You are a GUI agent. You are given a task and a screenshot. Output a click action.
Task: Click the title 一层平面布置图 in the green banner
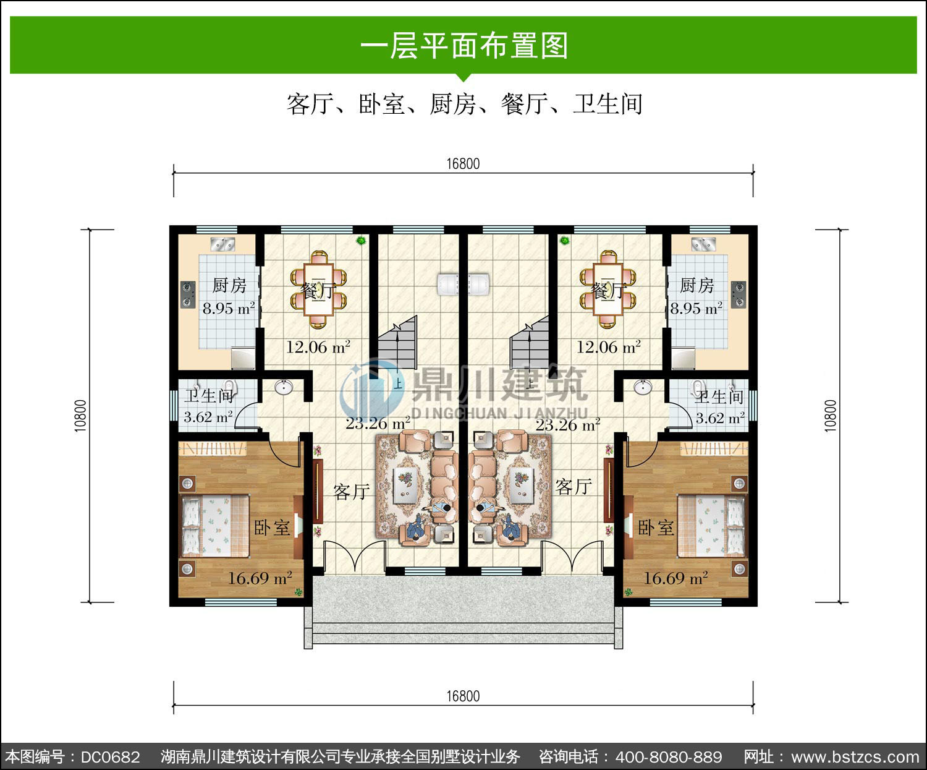coord(463,46)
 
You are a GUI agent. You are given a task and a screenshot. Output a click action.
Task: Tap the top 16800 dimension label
coord(463,163)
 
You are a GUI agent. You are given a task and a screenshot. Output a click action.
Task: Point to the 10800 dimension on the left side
coord(80,416)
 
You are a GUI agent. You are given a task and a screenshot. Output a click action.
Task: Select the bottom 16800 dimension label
coord(463,696)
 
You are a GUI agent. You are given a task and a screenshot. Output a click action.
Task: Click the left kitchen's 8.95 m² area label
coord(229,308)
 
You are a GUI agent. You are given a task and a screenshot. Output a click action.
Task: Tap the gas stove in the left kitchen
coord(188,294)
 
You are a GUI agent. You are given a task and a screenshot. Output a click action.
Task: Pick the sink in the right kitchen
coord(703,244)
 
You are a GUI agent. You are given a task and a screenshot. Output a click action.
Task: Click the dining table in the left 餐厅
coord(318,289)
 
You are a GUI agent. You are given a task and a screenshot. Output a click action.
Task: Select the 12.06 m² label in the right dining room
coord(608,346)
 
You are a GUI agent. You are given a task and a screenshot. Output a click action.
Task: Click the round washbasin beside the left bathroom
coord(283,387)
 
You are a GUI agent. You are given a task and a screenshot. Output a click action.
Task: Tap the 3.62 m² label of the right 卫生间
coord(720,417)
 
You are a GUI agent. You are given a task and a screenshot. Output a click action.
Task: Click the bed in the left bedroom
coord(215,526)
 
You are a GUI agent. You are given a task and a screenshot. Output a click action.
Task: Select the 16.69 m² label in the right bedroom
coord(675,578)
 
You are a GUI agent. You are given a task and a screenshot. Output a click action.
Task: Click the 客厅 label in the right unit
coord(574,487)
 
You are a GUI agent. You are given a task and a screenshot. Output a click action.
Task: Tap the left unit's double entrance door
coord(355,555)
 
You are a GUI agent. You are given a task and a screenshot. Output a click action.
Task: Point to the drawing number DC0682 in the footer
coord(111,756)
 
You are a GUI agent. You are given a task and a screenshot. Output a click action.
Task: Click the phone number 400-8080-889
coord(669,756)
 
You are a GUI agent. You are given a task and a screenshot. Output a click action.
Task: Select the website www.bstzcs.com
coord(855,756)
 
